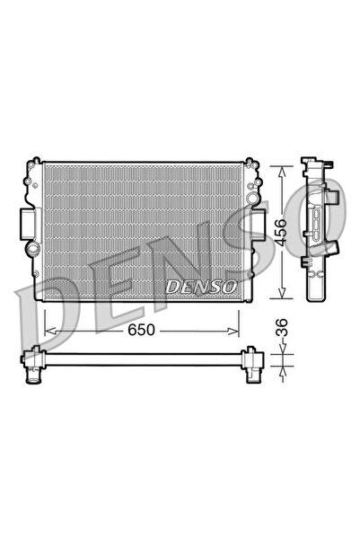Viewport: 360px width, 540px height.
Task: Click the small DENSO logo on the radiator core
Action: pyautogui.click(x=200, y=287)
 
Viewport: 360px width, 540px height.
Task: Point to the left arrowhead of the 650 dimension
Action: pyautogui.click(x=48, y=330)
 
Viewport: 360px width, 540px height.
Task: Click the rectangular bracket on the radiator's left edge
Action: pyautogui.click(x=26, y=221)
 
